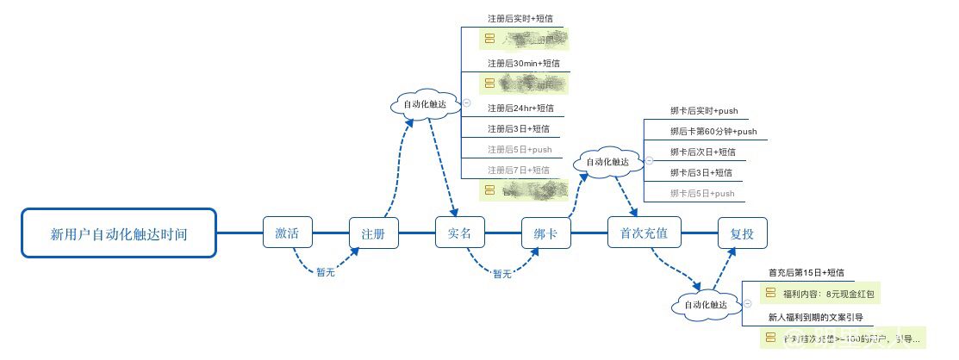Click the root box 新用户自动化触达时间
pos(118,233)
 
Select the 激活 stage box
pos(288,233)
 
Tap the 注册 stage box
pos(374,233)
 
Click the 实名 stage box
pos(460,233)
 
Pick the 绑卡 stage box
pos(546,233)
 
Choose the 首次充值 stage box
pos(644,233)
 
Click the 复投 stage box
pos(742,233)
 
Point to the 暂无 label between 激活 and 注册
pos(326,272)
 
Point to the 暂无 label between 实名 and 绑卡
pos(502,274)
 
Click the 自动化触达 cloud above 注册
pos(426,104)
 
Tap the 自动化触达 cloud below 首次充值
pos(705,305)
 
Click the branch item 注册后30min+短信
pos(517,63)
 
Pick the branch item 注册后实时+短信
pos(514,18)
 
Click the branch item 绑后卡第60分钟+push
pos(713,131)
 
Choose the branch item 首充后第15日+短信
pos(806,272)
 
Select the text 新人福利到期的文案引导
pos(815,318)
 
